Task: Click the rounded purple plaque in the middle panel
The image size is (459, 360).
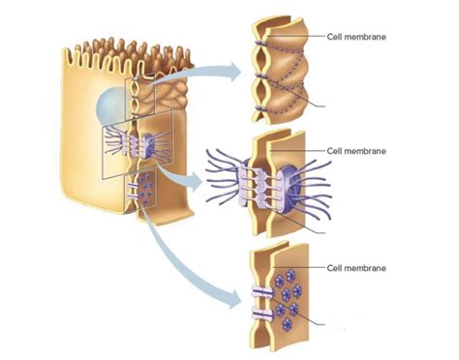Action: pyautogui.click(x=291, y=183)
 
